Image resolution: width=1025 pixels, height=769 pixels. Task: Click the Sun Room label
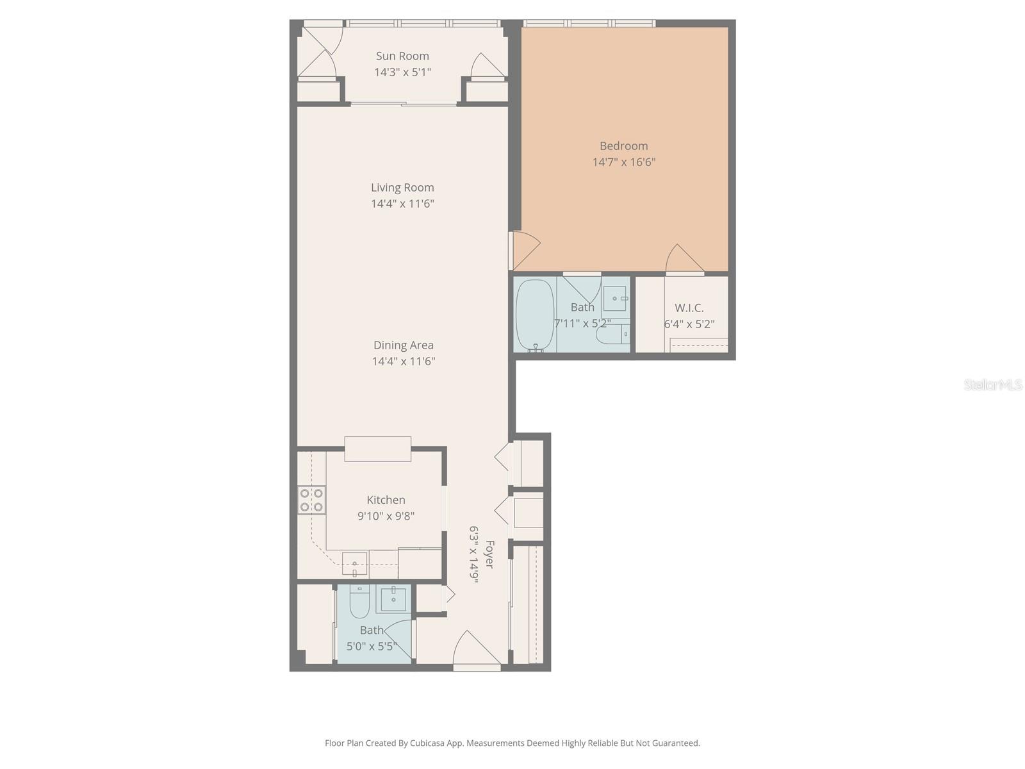pos(402,56)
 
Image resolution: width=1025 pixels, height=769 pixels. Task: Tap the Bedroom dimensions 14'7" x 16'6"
pos(623,162)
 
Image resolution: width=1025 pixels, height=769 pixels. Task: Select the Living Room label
pos(402,188)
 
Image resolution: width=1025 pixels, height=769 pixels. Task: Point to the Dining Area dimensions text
pos(404,361)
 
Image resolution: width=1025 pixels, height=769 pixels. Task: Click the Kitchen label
pos(386,500)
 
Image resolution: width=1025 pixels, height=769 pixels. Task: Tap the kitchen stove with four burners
pos(312,500)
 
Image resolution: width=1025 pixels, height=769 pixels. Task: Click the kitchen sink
pos(354,564)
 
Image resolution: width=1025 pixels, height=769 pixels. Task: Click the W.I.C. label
pos(689,308)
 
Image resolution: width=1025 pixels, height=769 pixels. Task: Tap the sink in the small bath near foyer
pos(392,599)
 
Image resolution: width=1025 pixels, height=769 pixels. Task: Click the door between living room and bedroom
pos(524,250)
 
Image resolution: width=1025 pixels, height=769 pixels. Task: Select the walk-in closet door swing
pos(684,260)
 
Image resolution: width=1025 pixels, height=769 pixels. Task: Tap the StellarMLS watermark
pos(993,384)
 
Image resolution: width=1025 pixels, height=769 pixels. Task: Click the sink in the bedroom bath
pos(615,299)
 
